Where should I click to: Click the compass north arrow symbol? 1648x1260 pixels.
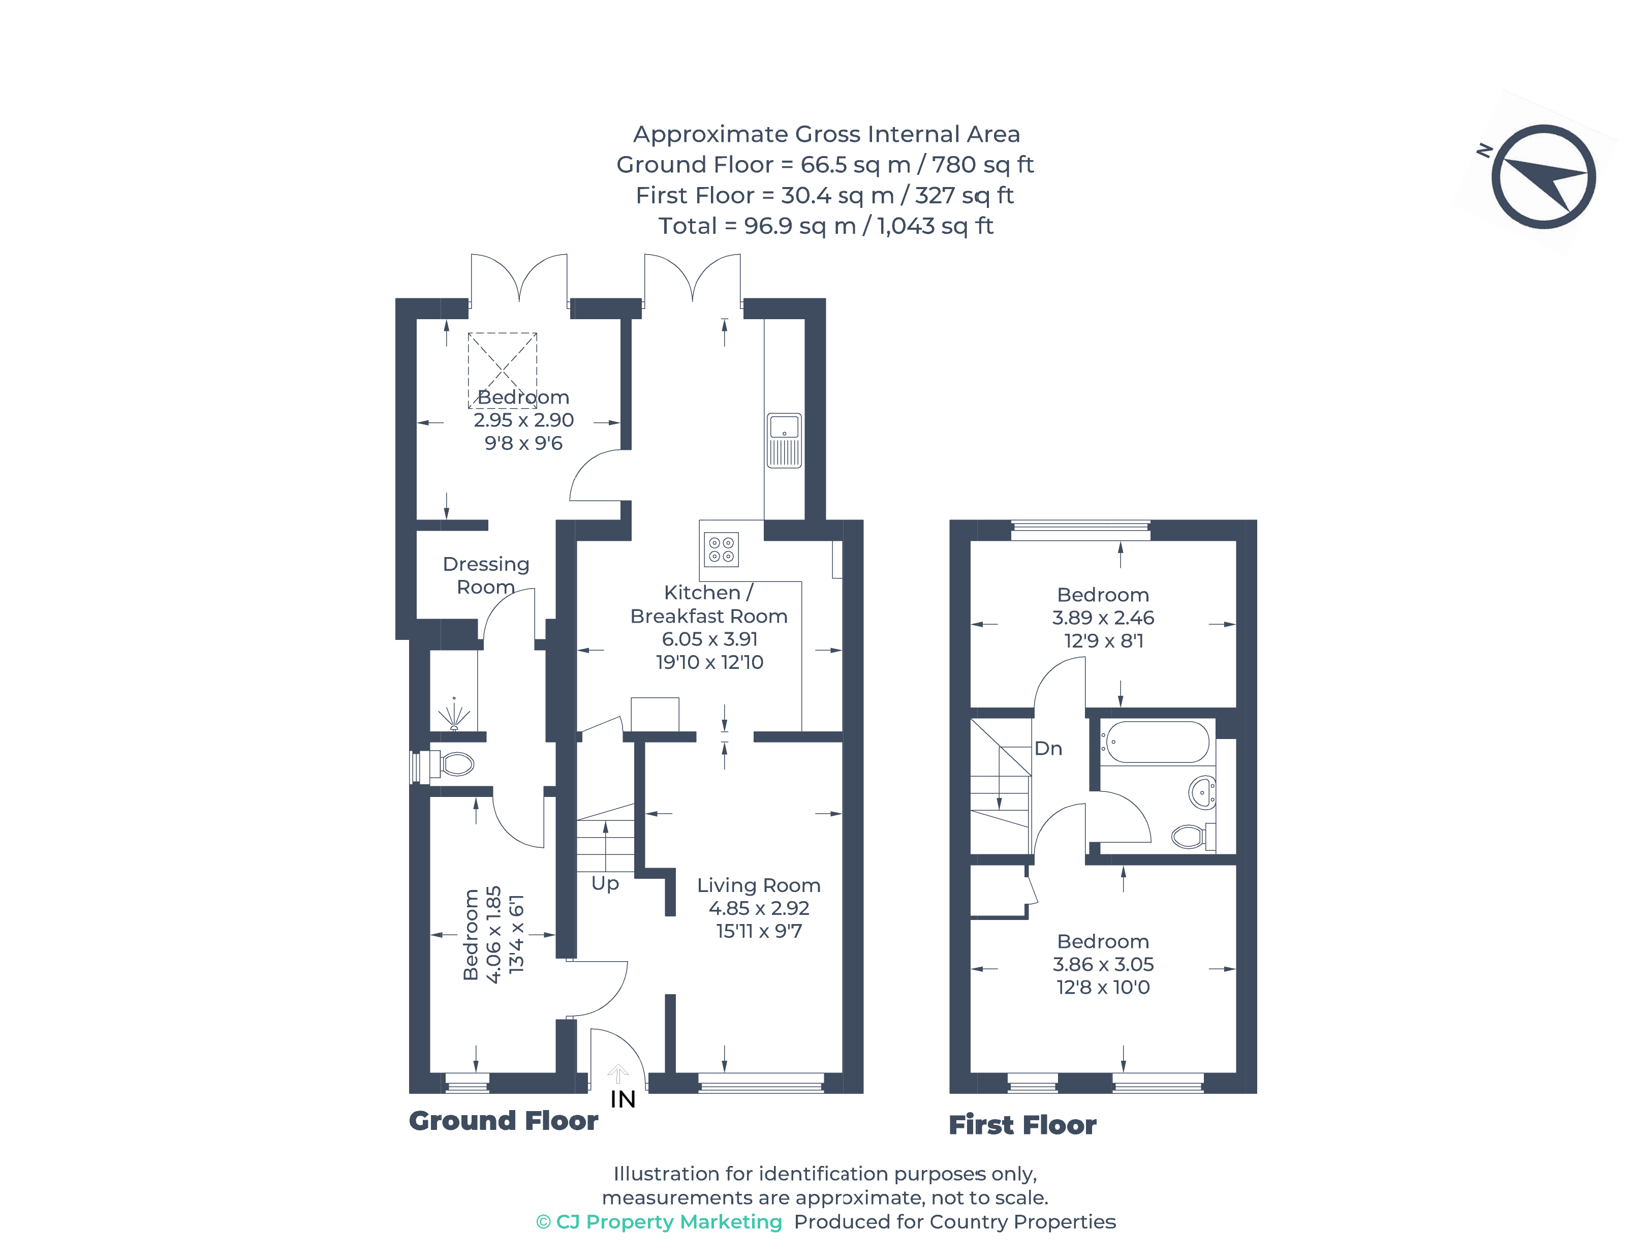pyautogui.click(x=1543, y=177)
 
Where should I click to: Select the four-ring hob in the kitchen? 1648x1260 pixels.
pyautogui.click(x=721, y=549)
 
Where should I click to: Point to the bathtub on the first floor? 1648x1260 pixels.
pyautogui.click(x=1156, y=743)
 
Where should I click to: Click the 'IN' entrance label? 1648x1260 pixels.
pyautogui.click(x=623, y=1099)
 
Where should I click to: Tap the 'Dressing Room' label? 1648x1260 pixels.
pyautogui.click(x=486, y=575)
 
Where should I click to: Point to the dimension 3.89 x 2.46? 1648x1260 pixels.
pyautogui.click(x=1102, y=618)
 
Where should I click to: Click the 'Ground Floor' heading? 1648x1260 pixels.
pyautogui.click(x=503, y=1121)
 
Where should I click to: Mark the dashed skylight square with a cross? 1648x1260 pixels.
pyautogui.click(x=503, y=370)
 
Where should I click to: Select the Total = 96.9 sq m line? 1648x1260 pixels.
pyautogui.click(x=825, y=226)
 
